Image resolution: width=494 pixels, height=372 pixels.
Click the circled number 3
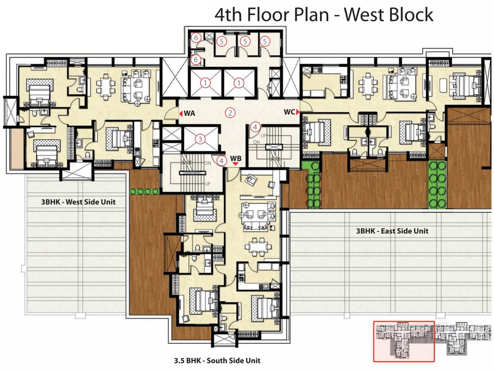(x=199, y=139)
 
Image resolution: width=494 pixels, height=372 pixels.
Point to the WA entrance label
(x=190, y=113)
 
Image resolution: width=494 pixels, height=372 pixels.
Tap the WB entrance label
(x=236, y=158)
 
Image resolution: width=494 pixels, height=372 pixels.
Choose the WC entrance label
(x=289, y=112)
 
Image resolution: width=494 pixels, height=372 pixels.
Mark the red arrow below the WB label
(x=236, y=165)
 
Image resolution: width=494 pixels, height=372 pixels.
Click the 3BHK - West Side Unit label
(x=78, y=202)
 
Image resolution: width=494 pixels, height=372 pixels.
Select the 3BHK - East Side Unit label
(x=392, y=231)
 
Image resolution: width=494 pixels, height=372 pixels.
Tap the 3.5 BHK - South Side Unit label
(x=217, y=360)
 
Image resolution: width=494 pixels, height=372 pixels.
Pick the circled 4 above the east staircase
(x=256, y=127)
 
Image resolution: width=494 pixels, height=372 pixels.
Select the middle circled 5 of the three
(x=245, y=42)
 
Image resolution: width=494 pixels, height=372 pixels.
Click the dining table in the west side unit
(x=105, y=86)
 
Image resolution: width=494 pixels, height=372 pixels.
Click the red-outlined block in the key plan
(x=404, y=341)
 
